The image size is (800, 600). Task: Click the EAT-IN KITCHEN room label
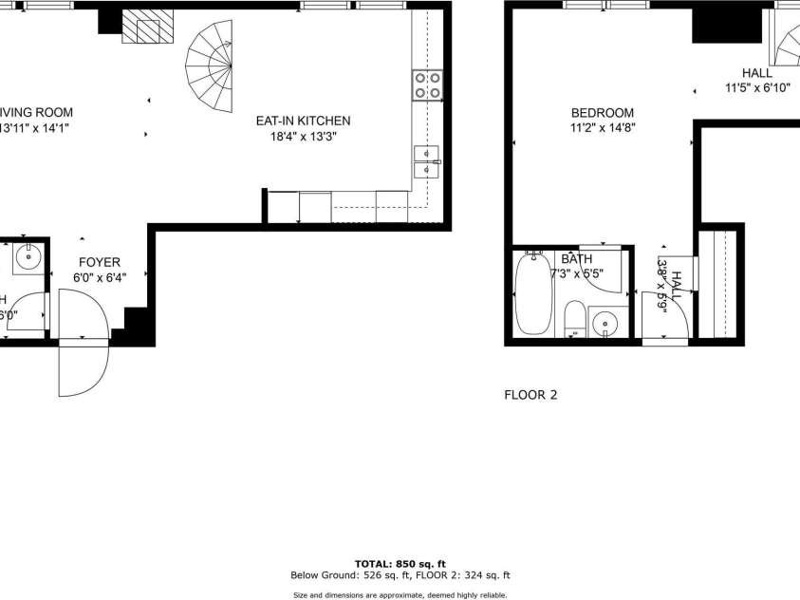(303, 121)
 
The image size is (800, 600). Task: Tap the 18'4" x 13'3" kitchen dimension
(303, 136)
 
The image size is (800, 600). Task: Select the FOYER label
(99, 262)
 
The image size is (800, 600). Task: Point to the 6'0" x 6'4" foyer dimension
(99, 278)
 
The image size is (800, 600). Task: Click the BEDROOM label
(602, 112)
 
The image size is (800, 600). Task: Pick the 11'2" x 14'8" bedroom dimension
(602, 127)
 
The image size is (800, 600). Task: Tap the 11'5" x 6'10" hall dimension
(756, 88)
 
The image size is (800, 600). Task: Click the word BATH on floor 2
(576, 258)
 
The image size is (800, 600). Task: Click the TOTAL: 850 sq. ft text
(400, 563)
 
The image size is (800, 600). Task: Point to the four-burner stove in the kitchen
(427, 85)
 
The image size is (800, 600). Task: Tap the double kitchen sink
(426, 162)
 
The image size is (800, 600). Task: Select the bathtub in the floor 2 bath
(533, 294)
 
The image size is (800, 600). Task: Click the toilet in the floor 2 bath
(574, 317)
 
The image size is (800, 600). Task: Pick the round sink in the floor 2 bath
(606, 325)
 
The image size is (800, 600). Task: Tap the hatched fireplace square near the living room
(148, 31)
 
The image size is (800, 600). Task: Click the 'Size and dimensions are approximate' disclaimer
(400, 594)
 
